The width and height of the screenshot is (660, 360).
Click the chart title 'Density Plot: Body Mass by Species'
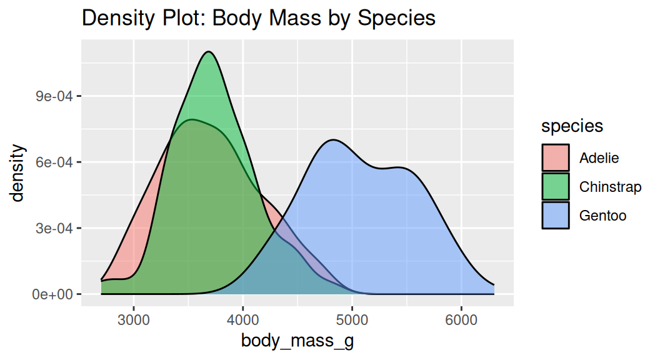pyautogui.click(x=258, y=18)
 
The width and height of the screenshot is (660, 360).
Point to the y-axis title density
pyautogui.click(x=18, y=173)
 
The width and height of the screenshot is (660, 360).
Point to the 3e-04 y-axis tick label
pyautogui.click(x=54, y=228)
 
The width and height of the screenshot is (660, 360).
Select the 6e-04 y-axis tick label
pyautogui.click(x=54, y=162)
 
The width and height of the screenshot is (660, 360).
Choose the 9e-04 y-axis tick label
pyautogui.click(x=54, y=96)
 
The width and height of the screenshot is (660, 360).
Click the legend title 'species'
pyautogui.click(x=572, y=126)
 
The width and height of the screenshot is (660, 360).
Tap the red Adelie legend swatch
pyautogui.click(x=556, y=157)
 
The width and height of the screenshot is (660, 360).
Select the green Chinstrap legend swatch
pyautogui.click(x=556, y=186)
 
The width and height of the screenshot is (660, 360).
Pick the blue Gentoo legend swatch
pyautogui.click(x=556, y=215)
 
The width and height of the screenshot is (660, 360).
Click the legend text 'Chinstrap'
pyautogui.click(x=610, y=187)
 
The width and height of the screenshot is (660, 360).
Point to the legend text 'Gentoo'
pyautogui.click(x=602, y=216)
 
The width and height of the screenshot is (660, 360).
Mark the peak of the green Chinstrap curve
pyautogui.click(x=209, y=52)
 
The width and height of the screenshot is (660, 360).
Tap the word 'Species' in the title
pyautogui.click(x=396, y=19)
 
